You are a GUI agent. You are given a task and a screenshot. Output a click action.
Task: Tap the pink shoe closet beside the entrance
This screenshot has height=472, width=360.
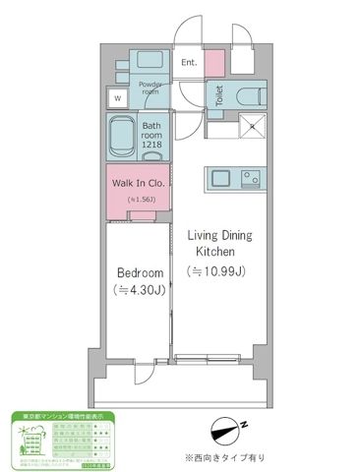coord(216,62)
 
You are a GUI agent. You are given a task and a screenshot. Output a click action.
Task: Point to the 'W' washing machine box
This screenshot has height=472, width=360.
coord(118,98)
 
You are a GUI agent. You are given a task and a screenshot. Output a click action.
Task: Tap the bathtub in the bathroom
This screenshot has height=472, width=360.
coord(124,132)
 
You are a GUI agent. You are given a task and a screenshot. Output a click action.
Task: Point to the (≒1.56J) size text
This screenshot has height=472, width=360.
coord(142,200)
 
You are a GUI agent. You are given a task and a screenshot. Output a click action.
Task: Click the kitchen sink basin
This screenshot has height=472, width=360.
coord(218,178)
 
